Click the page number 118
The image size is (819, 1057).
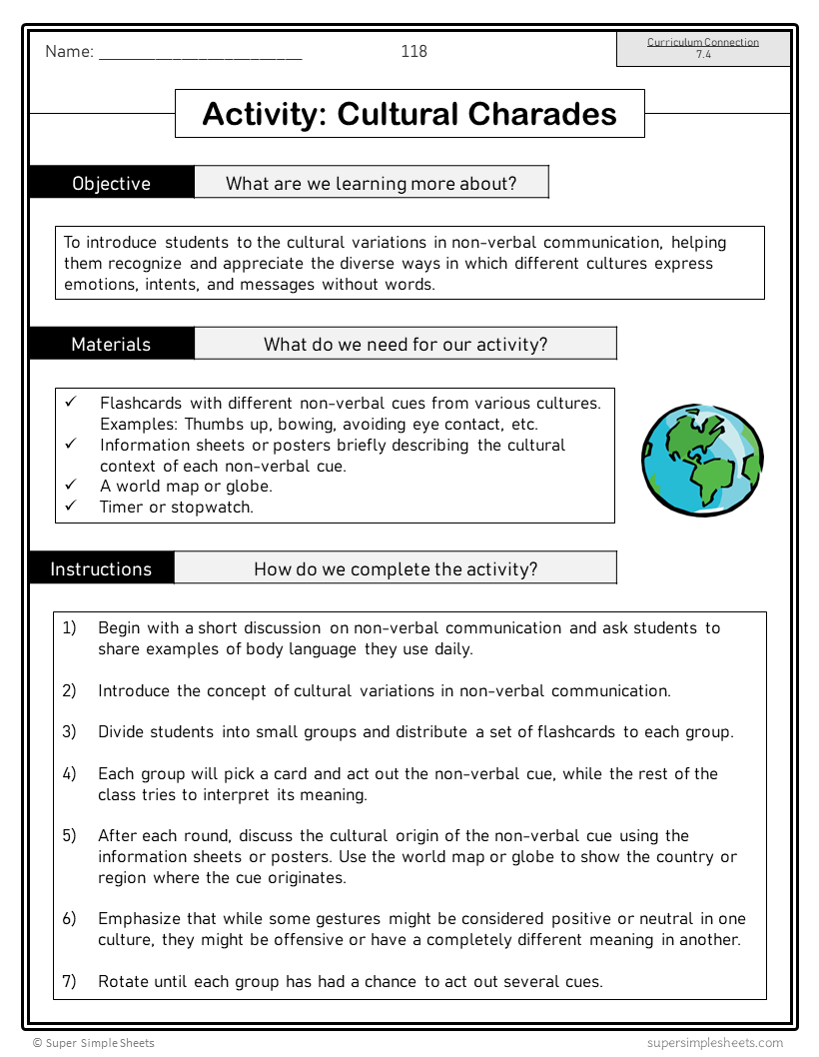[x=413, y=51]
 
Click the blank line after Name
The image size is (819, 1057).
[x=200, y=54]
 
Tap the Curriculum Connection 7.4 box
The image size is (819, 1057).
[x=703, y=49]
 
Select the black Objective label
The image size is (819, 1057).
[x=111, y=183]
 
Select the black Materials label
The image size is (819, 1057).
[x=111, y=344]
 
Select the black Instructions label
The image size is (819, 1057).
[x=101, y=568]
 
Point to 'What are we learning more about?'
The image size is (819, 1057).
[x=371, y=183]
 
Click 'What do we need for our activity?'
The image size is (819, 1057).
[x=406, y=344]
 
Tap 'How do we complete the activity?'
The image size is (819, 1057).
[x=396, y=568]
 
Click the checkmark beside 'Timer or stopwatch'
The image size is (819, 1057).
[x=71, y=506]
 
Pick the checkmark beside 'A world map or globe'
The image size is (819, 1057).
[x=71, y=485]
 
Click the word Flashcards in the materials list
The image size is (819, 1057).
[x=141, y=403]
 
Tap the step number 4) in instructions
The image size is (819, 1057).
[x=69, y=773]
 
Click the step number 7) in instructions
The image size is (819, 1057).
[x=69, y=981]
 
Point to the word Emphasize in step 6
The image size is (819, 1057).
[x=140, y=918]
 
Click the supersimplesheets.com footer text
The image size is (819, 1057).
[x=714, y=1042]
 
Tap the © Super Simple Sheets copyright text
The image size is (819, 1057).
[x=94, y=1042]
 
